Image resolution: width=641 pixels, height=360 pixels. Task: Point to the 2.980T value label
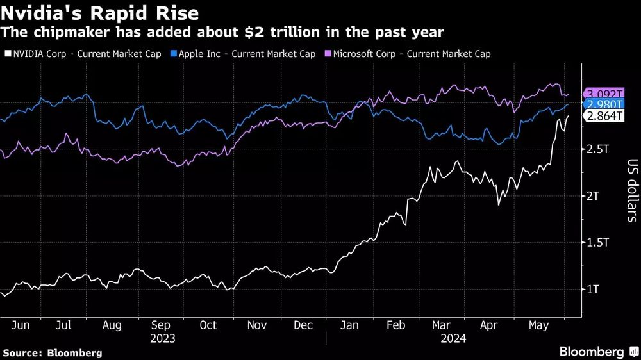coord(604,105)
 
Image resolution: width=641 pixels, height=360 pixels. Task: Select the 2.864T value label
coord(604,115)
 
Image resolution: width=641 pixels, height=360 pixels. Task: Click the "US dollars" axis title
coord(632,190)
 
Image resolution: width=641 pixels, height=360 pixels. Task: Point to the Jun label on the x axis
coord(21,325)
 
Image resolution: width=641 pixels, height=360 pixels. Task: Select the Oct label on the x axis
coord(208,325)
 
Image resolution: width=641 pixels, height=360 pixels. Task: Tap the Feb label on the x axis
coord(395,325)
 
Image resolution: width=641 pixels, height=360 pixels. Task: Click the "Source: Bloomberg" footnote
coord(53,352)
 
